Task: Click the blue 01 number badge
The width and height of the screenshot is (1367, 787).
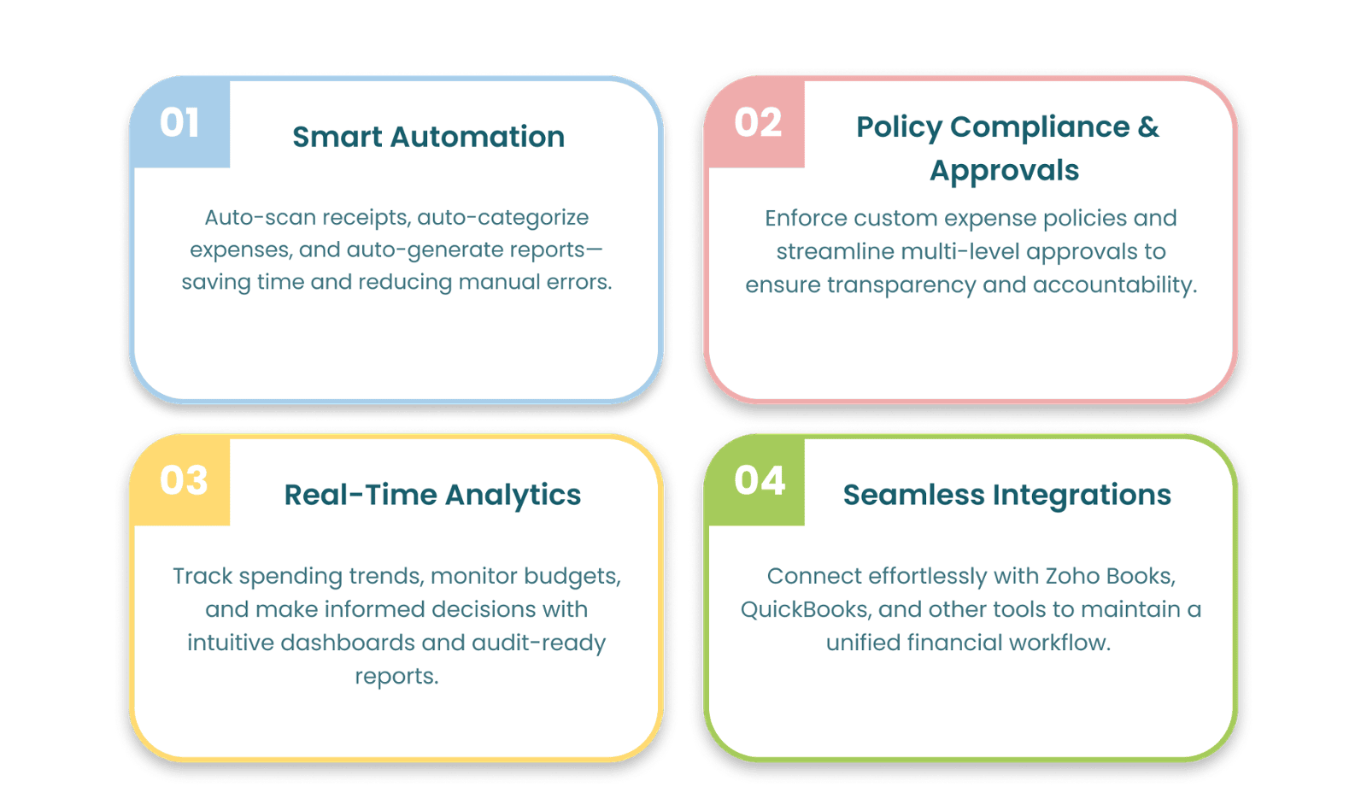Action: coord(180,122)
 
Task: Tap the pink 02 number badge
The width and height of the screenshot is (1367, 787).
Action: coord(755,122)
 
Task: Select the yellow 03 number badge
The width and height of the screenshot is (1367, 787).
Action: coord(180,480)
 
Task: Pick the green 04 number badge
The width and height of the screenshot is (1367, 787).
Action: coord(755,480)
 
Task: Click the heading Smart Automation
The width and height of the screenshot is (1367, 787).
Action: coord(428,137)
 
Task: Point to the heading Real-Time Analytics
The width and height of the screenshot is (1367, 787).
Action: coord(432,495)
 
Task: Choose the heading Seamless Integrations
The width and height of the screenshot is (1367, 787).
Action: coord(1007,495)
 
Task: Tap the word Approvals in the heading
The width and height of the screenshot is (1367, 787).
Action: coord(1005,171)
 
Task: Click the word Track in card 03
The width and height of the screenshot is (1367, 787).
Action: coord(202,576)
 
